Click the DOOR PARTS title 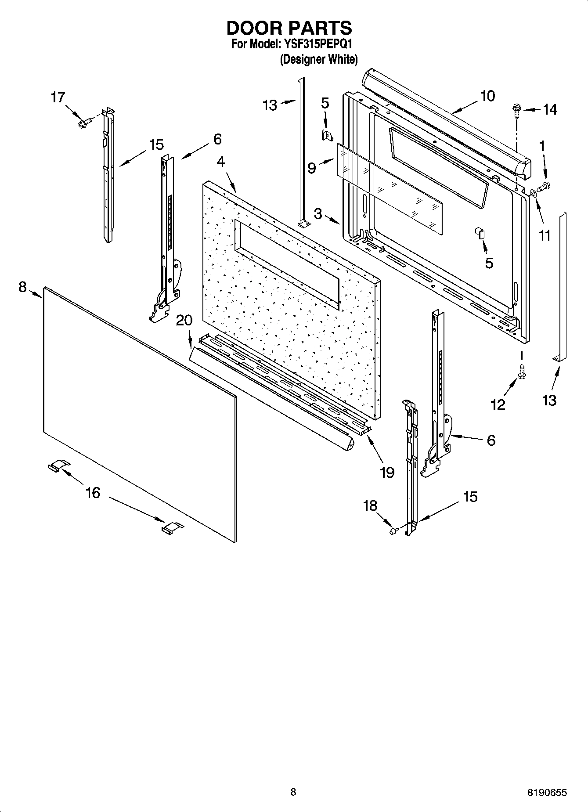[289, 28]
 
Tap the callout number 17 [58, 97]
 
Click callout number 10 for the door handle [487, 96]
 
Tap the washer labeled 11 [533, 192]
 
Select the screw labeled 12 [522, 371]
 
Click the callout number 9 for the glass [311, 168]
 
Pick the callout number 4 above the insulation [220, 162]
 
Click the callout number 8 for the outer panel [22, 287]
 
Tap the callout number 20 [184, 320]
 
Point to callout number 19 [387, 472]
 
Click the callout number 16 [93, 493]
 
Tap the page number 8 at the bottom [293, 792]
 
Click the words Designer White [319, 59]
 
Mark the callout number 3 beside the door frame [318, 214]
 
